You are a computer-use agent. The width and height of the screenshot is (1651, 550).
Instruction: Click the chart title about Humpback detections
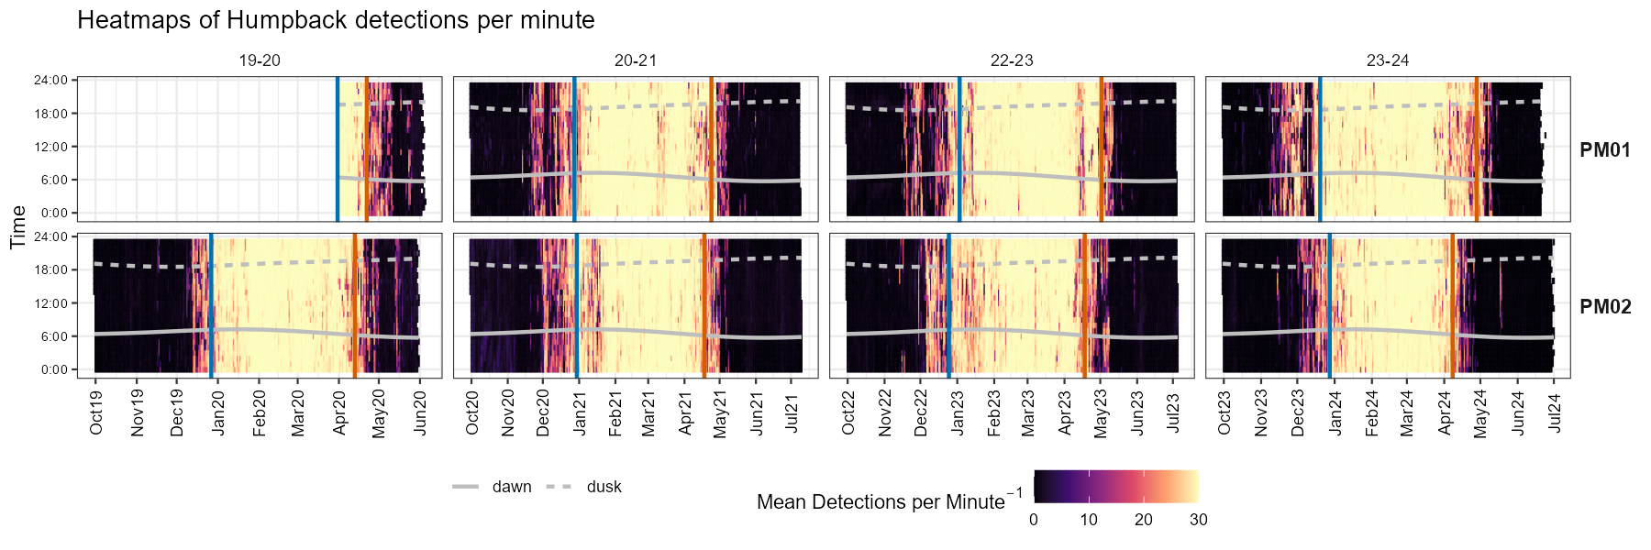(336, 20)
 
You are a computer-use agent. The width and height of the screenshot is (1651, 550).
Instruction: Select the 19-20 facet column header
(260, 60)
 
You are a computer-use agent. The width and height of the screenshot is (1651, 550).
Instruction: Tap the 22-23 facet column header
(1012, 60)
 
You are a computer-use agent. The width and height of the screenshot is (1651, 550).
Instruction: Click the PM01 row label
(1604, 150)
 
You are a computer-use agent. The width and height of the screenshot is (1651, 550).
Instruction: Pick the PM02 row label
(1605, 307)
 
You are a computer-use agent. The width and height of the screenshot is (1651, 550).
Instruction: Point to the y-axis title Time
(17, 227)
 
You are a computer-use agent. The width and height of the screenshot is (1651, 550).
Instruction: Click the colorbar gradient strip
(1115, 487)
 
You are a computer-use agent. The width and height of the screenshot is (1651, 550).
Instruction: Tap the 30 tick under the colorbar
(1198, 520)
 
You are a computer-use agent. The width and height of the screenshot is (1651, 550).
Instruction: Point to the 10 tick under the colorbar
(1088, 520)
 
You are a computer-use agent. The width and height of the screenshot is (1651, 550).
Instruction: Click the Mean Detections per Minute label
(881, 502)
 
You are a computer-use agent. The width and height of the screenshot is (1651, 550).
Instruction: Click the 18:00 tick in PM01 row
(51, 114)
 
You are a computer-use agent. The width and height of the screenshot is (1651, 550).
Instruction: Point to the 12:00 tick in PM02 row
(51, 303)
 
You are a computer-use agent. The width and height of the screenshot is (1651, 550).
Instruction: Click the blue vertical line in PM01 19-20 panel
(338, 147)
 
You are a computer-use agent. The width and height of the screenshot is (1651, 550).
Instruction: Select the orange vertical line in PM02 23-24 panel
(1452, 302)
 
